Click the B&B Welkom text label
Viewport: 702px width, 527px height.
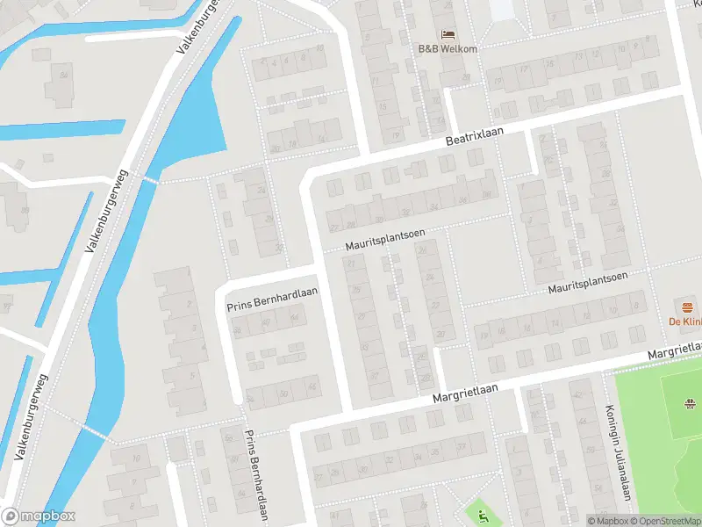[448, 48]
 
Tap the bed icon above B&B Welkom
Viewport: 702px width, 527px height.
[448, 34]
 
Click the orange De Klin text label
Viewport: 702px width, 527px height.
[685, 322]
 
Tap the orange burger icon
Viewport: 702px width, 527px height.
[688, 307]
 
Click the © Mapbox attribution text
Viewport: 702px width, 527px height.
[607, 521]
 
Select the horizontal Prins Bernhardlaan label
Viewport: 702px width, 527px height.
[272, 300]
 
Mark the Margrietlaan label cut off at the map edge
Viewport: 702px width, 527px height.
[676, 349]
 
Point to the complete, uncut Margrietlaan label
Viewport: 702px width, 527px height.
[465, 393]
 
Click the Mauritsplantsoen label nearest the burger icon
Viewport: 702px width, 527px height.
[588, 281]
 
